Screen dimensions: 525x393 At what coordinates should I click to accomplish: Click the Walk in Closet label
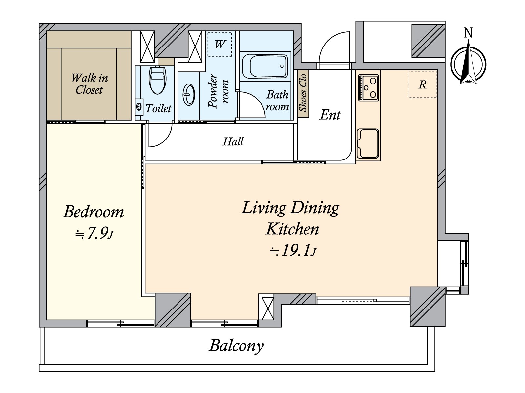(90, 84)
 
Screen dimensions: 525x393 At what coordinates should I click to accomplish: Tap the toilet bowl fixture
(157, 80)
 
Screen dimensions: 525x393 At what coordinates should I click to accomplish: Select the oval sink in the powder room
(189, 95)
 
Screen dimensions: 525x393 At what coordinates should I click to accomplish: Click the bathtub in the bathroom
(265, 66)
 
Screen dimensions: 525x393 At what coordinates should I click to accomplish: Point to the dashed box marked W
(219, 44)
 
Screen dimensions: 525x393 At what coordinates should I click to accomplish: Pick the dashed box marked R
(422, 84)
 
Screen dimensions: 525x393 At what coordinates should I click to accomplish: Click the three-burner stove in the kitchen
(368, 87)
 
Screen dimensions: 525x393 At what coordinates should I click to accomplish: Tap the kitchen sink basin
(368, 144)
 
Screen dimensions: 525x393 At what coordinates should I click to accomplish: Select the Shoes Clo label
(303, 93)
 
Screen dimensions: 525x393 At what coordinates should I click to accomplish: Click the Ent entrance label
(330, 115)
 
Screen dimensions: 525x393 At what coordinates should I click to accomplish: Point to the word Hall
(233, 141)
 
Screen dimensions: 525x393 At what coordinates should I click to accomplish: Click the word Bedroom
(94, 212)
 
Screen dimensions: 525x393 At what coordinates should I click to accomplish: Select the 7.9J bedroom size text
(94, 233)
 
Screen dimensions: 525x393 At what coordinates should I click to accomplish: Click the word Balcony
(236, 346)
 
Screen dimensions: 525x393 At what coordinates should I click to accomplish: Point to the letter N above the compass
(468, 33)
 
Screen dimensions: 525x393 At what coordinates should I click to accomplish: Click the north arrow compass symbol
(468, 63)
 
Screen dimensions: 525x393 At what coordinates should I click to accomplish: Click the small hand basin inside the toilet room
(139, 106)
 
